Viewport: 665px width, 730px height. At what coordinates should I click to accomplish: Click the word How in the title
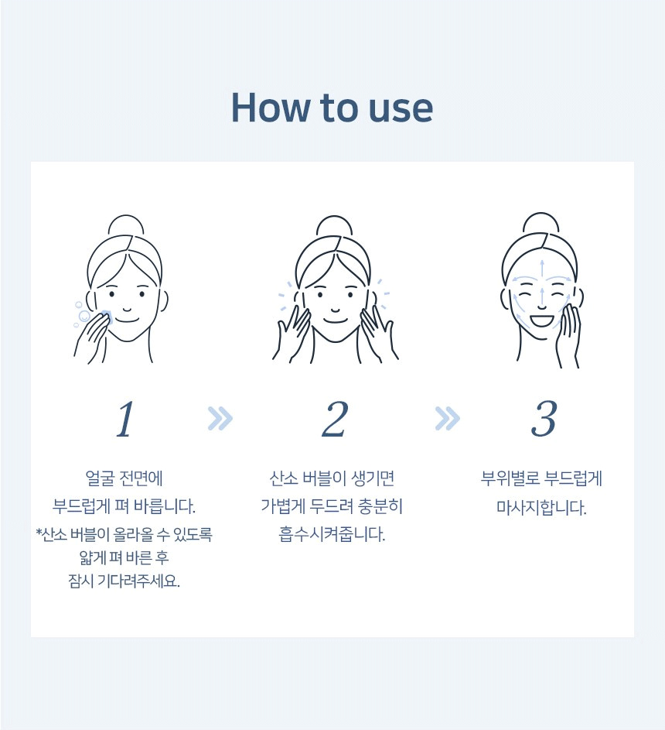pos(270,108)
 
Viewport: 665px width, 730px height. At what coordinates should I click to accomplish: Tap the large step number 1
pos(125,419)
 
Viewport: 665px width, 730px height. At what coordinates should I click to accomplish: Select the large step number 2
pos(335,419)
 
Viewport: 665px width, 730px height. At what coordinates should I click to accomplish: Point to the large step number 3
pos(544,419)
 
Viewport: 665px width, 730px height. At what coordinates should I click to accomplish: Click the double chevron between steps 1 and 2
pos(220,418)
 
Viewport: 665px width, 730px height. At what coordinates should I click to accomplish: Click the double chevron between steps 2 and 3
pos(447,418)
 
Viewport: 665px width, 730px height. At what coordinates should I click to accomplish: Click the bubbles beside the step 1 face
pos(81,315)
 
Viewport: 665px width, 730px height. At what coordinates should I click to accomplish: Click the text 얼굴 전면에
pos(124,478)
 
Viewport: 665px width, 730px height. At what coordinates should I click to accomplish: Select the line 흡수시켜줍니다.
pos(332,534)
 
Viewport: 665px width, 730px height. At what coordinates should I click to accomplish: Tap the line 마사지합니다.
pos(541,507)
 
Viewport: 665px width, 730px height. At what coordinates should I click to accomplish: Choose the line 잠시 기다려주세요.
pos(124,581)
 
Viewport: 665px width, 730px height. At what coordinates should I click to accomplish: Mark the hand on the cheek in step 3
pos(568,335)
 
